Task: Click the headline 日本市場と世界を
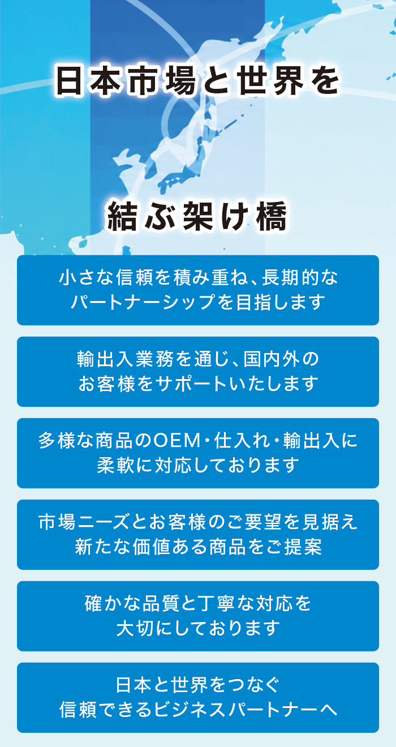coord(198,81)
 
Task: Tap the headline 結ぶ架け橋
coord(197,216)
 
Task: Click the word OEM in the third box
coord(177,440)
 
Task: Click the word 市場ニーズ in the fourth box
coord(84,522)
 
